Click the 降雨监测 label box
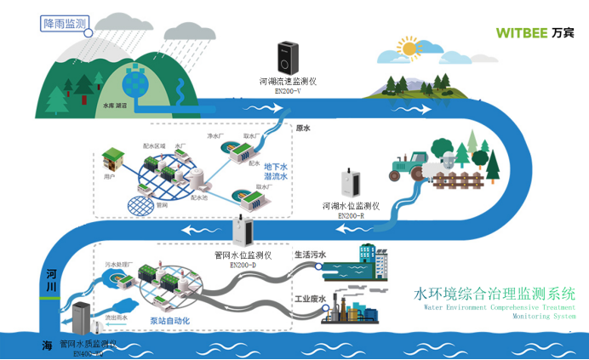click(65, 24)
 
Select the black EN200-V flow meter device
click(286, 57)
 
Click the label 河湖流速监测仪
click(288, 81)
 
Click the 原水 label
click(302, 129)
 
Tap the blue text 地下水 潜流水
click(276, 171)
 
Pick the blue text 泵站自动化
click(169, 321)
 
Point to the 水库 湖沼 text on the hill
click(114, 106)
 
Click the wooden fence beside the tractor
click(449, 180)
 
